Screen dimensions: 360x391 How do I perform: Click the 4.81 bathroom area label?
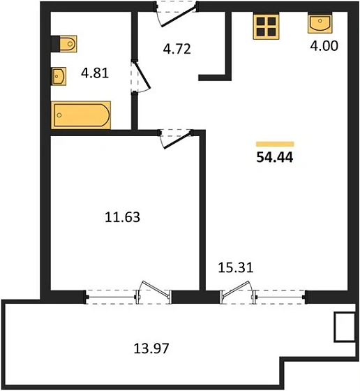click(95, 73)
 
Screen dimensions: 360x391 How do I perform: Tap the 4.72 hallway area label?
click(177, 49)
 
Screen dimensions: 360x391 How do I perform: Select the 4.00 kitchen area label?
click(324, 45)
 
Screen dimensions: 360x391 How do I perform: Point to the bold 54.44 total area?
click(275, 157)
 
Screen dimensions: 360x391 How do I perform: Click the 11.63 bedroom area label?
click(122, 217)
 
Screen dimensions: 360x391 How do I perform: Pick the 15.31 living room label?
click(236, 267)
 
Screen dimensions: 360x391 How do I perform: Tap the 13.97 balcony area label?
click(151, 348)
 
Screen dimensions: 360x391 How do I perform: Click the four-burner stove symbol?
click(266, 27)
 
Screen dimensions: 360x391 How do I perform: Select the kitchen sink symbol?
click(320, 24)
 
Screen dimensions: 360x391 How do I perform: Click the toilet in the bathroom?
click(64, 44)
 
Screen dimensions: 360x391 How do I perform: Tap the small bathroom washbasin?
click(59, 76)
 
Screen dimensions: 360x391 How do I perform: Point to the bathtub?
click(81, 115)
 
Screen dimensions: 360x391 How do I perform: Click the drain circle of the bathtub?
click(59, 115)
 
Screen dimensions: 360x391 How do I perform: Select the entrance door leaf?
click(179, 17)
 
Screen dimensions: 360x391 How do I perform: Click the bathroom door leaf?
click(143, 75)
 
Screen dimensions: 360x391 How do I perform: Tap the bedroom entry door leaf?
click(178, 140)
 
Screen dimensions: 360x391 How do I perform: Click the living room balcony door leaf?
click(237, 289)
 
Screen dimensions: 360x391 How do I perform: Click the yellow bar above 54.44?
click(275, 144)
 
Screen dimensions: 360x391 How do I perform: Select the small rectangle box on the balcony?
click(345, 327)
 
